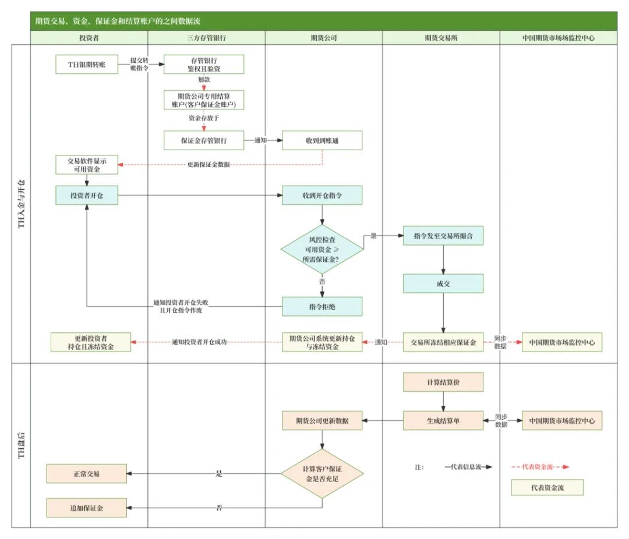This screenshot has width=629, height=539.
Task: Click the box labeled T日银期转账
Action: tap(86, 64)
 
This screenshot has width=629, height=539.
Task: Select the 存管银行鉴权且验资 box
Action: tap(204, 64)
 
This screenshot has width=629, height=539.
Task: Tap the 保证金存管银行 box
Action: tap(204, 140)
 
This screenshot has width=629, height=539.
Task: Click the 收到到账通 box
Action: tap(322, 140)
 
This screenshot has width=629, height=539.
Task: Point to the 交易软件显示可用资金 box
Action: tap(86, 165)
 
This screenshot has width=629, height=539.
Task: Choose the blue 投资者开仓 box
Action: tap(86, 196)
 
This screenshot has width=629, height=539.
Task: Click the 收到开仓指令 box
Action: tap(322, 196)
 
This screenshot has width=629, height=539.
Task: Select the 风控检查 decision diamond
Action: tap(322, 249)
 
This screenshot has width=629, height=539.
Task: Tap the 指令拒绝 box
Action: tap(322, 306)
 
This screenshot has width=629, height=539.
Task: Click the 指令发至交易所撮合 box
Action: tap(443, 236)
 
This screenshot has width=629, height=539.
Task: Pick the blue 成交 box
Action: tap(443, 283)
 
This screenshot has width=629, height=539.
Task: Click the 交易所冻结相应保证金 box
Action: tap(443, 342)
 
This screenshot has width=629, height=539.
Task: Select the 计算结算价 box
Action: tap(443, 382)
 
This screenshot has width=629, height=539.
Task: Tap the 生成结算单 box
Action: tap(443, 420)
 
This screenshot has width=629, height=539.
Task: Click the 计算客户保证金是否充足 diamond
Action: tap(322, 473)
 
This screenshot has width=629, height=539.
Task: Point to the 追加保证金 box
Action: tap(86, 508)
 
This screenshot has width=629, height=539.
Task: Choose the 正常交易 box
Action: tap(86, 474)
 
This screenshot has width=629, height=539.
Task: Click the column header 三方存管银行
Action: tap(206, 38)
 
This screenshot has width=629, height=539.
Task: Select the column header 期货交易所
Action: tap(441, 38)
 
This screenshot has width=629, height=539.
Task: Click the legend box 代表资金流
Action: tap(547, 488)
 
